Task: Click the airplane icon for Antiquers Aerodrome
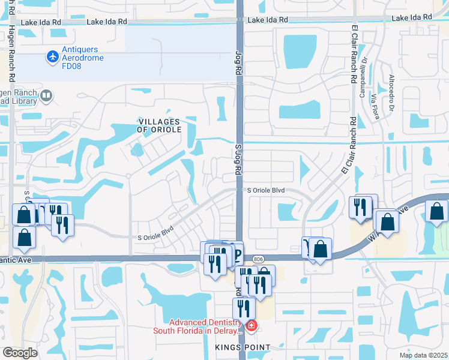[53, 57]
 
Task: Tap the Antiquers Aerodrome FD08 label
[83, 58]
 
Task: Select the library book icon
[46, 95]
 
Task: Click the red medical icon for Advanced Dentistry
[251, 326]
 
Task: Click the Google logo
[20, 353]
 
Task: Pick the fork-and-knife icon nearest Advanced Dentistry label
[243, 308]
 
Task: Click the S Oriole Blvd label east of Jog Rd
[266, 190]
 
